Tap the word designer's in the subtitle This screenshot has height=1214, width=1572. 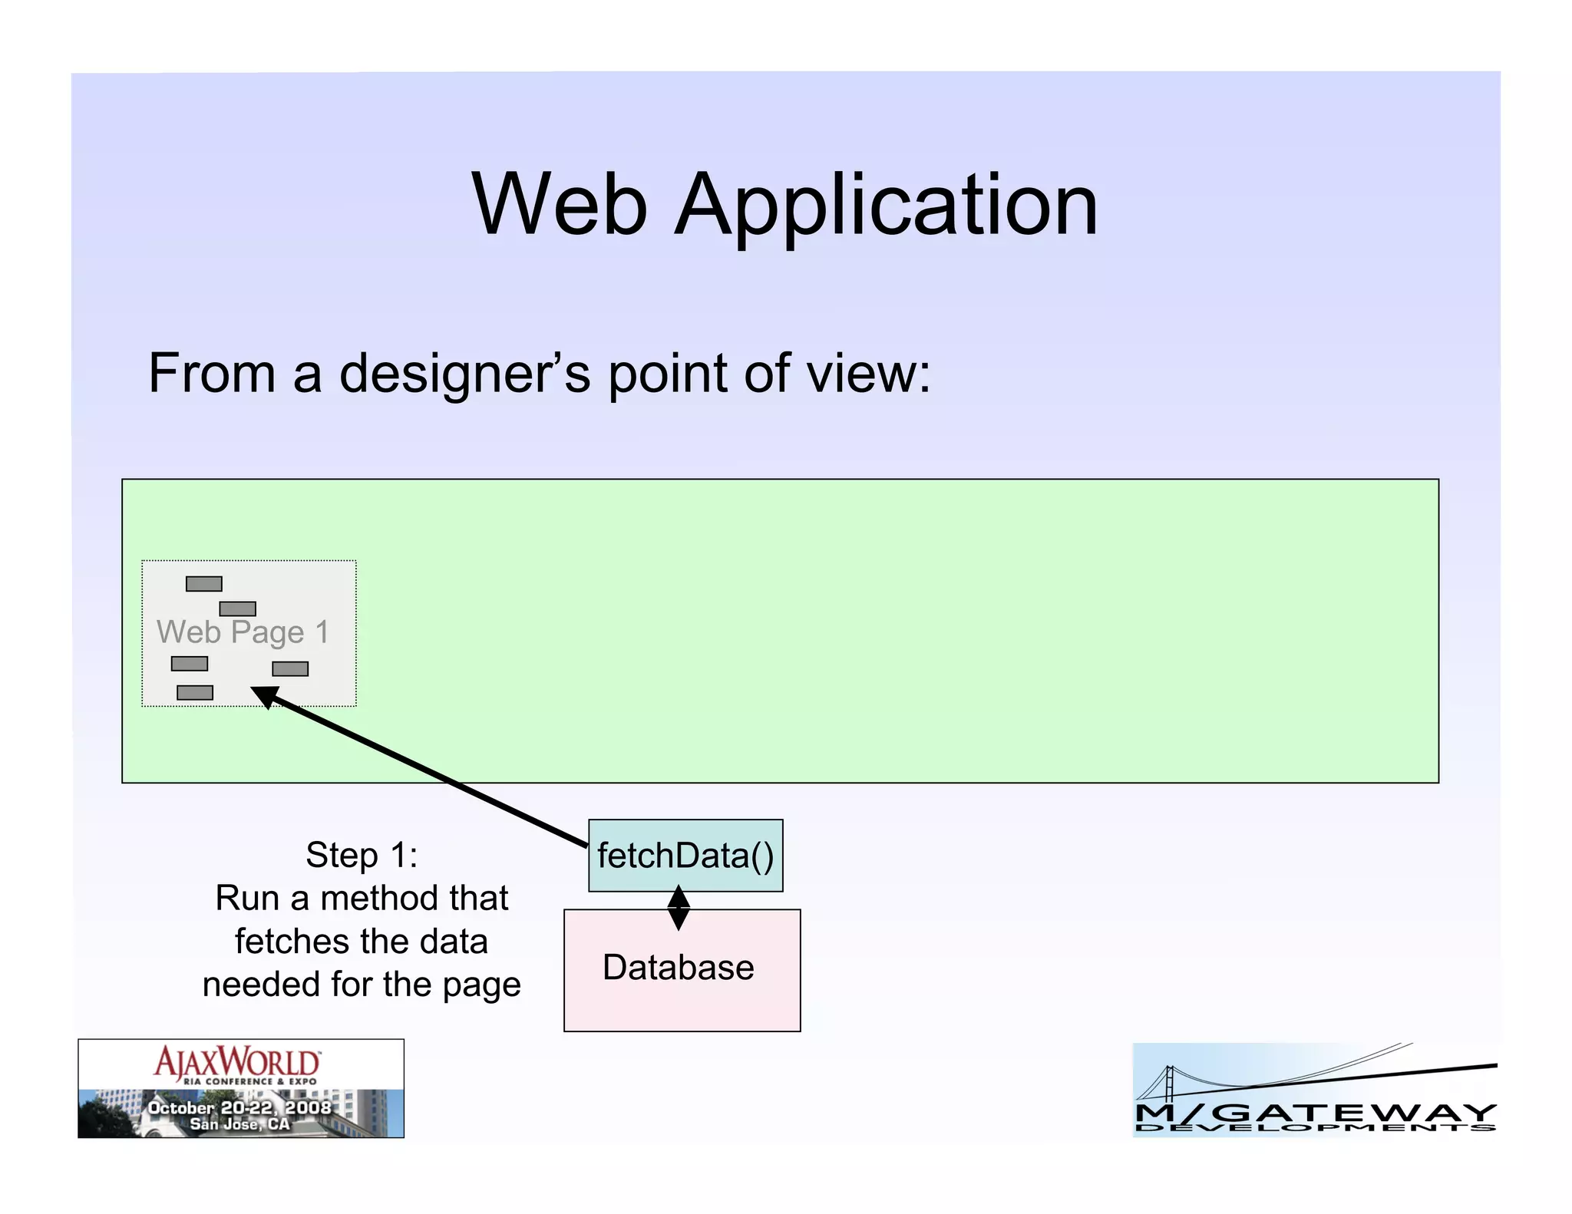coord(464,374)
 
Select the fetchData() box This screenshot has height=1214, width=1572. coord(685,855)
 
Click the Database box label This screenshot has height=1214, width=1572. coord(678,967)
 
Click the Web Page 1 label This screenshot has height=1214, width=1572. coord(243,632)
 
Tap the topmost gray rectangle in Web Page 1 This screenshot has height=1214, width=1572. coord(204,584)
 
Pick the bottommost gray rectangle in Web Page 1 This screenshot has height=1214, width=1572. coord(195,693)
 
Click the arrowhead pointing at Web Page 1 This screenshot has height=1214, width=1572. coord(265,695)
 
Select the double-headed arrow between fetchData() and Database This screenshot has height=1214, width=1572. coord(679,908)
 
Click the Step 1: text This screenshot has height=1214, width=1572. coord(362,855)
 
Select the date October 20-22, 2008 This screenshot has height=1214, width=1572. coord(239,1107)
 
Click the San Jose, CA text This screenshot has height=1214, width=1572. coord(239,1124)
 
